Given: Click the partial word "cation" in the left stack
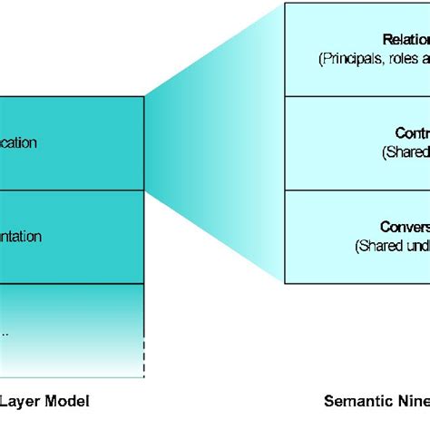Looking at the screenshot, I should pyautogui.click(x=18, y=143).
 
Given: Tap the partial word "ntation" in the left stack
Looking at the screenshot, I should pyautogui.click(x=20, y=237).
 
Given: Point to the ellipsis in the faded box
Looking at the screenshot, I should pyautogui.click(x=5, y=331).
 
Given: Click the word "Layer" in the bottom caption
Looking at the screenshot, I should pyautogui.click(x=17, y=400).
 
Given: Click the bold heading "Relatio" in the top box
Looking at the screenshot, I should pyautogui.click(x=406, y=39).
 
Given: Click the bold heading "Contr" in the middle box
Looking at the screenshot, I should pyautogui.click(x=412, y=132).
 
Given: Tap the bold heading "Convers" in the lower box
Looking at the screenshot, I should pyautogui.click(x=405, y=227).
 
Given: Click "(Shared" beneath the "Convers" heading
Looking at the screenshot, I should pyautogui.click(x=376, y=246).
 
